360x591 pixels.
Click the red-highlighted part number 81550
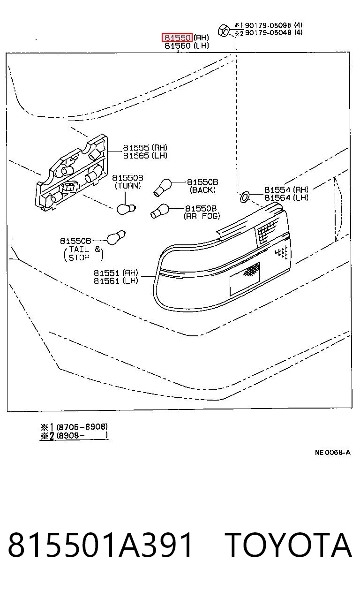(x=177, y=38)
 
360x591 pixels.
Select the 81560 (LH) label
(x=187, y=45)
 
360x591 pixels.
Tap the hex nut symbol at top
(x=224, y=31)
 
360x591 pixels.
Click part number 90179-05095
(x=268, y=25)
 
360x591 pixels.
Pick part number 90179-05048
(x=268, y=32)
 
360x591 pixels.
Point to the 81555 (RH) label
(x=145, y=147)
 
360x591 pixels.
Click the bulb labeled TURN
(x=126, y=209)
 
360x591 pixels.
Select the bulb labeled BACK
(x=163, y=187)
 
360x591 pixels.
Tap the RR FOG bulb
(x=159, y=211)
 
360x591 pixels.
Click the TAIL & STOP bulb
(x=116, y=238)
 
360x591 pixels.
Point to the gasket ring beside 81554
(x=245, y=197)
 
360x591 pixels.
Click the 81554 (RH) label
(x=286, y=189)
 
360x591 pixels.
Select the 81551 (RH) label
(x=116, y=273)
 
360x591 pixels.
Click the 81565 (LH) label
(x=145, y=155)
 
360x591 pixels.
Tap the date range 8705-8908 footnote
(x=82, y=427)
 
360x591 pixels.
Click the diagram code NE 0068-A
(x=332, y=453)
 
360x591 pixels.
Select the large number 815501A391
(x=100, y=545)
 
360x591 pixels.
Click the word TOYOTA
(x=288, y=545)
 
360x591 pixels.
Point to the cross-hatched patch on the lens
(x=252, y=269)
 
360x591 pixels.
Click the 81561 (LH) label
(x=116, y=280)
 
